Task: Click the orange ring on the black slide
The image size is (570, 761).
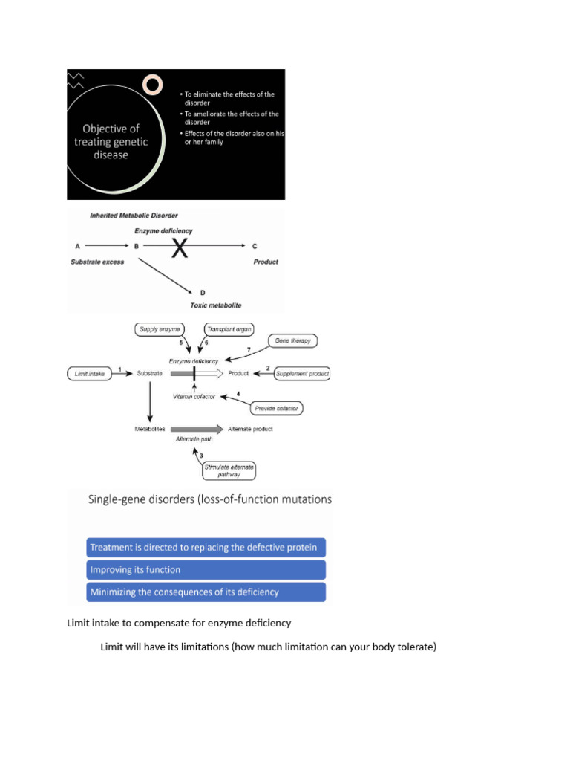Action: [152, 84]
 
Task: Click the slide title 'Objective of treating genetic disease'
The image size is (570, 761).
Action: [111, 141]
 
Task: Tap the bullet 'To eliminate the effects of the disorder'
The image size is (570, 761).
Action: [227, 98]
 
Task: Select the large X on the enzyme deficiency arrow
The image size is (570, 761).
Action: [180, 249]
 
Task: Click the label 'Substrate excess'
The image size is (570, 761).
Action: [97, 262]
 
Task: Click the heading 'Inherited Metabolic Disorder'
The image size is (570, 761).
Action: [134, 216]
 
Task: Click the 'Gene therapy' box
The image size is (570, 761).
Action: [295, 340]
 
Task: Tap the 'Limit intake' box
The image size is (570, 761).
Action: [89, 373]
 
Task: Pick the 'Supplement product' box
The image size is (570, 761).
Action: [302, 373]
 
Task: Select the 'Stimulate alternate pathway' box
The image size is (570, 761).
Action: [229, 470]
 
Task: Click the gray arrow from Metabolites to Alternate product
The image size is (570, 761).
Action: [197, 429]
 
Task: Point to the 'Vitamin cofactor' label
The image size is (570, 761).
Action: [194, 396]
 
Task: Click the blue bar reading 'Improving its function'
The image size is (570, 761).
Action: [206, 570]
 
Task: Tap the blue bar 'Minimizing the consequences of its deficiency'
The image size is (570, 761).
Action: [206, 592]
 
